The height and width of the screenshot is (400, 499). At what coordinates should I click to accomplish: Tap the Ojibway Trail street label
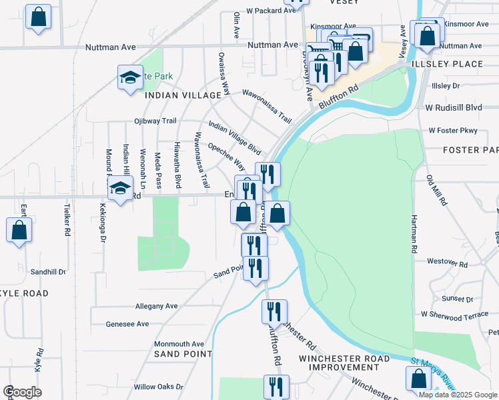click(x=155, y=121)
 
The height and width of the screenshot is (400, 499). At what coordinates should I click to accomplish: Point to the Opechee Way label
click(x=226, y=155)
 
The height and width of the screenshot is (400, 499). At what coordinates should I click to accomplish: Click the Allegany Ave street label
click(x=156, y=306)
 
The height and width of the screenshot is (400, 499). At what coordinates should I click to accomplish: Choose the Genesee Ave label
click(x=127, y=324)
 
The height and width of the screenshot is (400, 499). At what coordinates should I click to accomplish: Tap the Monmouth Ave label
click(x=179, y=344)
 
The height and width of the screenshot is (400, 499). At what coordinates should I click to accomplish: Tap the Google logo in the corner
click(x=22, y=392)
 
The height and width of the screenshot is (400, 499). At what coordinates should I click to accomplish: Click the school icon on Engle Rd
click(x=120, y=189)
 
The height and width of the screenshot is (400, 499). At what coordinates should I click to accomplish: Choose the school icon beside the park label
click(x=130, y=77)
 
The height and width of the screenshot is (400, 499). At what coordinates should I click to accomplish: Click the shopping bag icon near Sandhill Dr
click(x=19, y=231)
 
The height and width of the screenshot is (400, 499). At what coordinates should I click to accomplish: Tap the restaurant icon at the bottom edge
click(x=275, y=386)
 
